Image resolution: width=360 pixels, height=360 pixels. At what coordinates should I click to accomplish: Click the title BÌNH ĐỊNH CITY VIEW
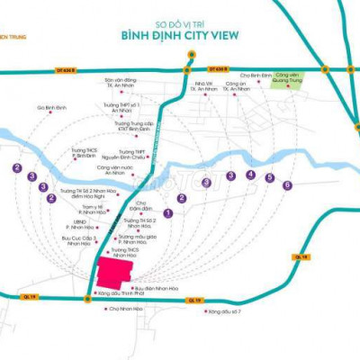tap(179, 37)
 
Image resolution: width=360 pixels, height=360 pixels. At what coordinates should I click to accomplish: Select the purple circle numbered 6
tap(287, 186)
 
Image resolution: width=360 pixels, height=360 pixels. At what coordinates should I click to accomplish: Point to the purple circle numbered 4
tap(251, 175)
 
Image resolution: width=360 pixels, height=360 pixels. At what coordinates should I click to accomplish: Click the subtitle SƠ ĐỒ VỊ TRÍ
tap(180, 21)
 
